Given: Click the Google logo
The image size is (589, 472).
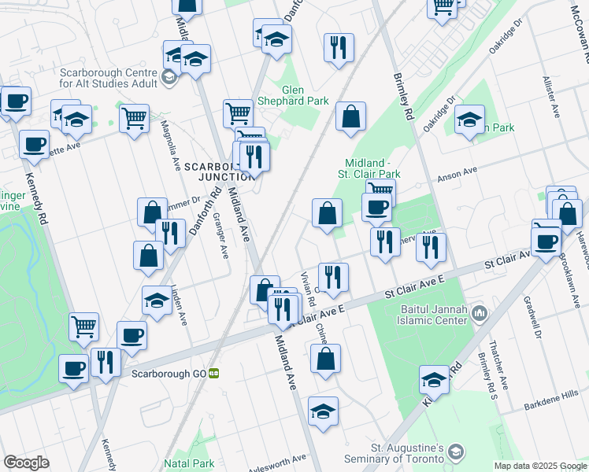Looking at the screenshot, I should click(26, 463).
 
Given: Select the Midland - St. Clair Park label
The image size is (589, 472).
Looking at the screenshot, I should click(369, 168).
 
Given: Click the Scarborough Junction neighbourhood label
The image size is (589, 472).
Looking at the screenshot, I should click(213, 171).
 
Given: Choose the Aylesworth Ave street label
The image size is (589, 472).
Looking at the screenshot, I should click(277, 458).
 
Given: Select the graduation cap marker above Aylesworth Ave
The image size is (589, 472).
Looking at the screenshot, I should click(322, 411).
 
